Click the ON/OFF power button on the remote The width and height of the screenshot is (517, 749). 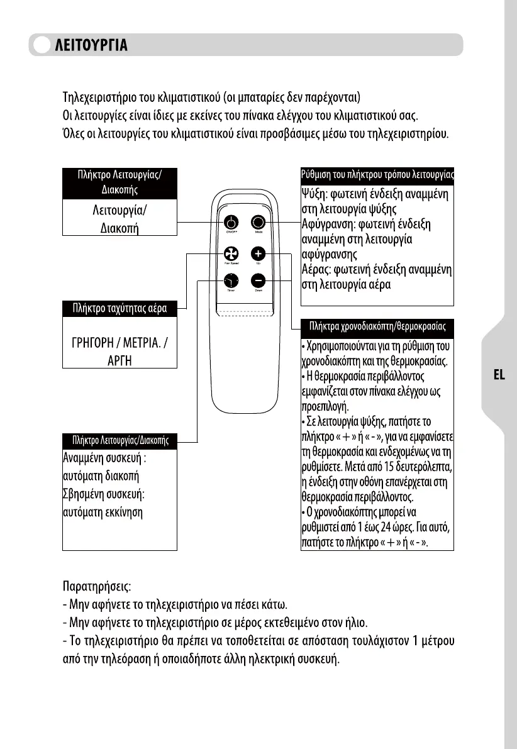pyautogui.click(x=231, y=223)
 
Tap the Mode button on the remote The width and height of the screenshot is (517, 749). pyautogui.click(x=258, y=223)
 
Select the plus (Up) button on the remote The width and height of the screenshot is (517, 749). pyautogui.click(x=258, y=253)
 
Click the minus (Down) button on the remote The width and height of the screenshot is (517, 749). pyautogui.click(x=258, y=281)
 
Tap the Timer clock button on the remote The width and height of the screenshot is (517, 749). pyautogui.click(x=231, y=281)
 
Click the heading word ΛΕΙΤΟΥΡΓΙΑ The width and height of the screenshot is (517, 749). pyautogui.click(x=92, y=45)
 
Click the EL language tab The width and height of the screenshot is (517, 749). pyautogui.click(x=499, y=375)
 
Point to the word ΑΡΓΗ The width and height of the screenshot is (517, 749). pyautogui.click(x=120, y=361)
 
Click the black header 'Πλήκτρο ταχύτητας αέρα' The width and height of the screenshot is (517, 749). pyautogui.click(x=119, y=309)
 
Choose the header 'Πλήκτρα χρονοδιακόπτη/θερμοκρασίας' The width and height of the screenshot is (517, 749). pyautogui.click(x=377, y=327)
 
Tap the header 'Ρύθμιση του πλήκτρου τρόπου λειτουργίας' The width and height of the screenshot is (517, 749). pyautogui.click(x=377, y=174)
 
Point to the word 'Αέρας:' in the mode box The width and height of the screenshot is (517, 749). pyautogui.click(x=318, y=270)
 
